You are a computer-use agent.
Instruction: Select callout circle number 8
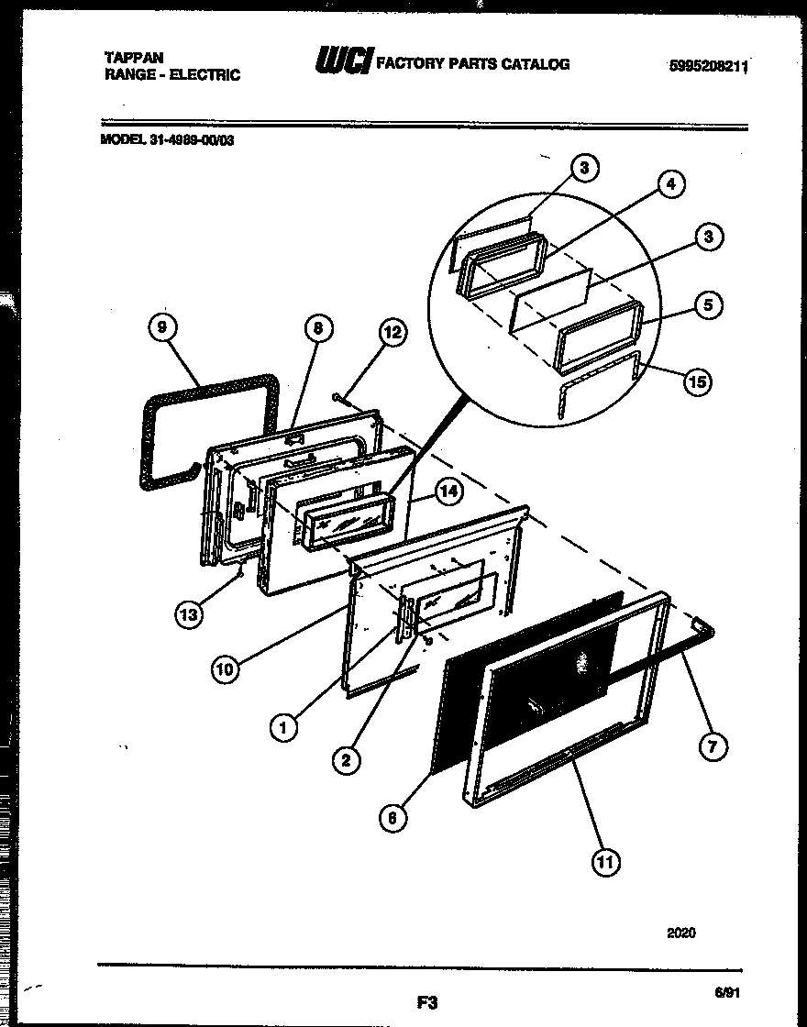[x=317, y=328]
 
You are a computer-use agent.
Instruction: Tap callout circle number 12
[x=392, y=334]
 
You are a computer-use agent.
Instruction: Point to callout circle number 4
[x=670, y=184]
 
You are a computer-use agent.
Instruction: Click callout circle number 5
[x=708, y=305]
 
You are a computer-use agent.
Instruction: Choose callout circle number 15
[x=699, y=381]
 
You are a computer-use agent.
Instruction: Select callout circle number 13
[x=189, y=615]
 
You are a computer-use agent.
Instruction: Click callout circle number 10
[x=226, y=669]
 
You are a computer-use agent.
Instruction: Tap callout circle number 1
[x=284, y=728]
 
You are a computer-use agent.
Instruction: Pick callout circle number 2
[x=346, y=758]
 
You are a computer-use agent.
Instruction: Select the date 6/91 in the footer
[x=726, y=992]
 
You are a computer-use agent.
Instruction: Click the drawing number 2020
[x=680, y=933]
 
